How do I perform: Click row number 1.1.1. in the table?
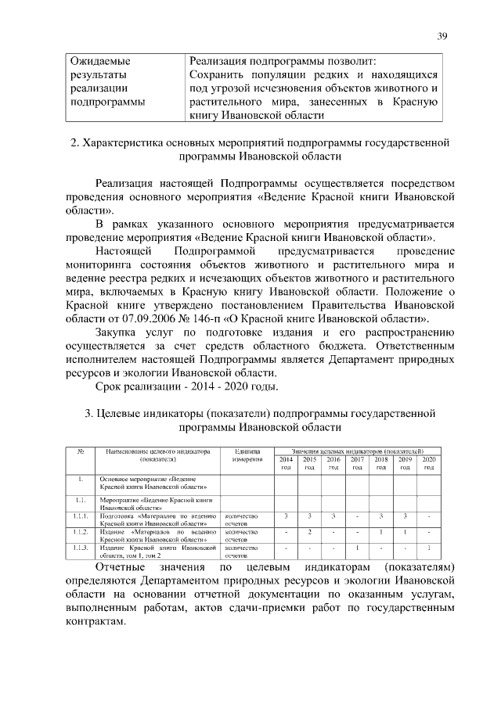[80, 516]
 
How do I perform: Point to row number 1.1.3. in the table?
[80, 548]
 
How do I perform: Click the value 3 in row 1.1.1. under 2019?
[405, 516]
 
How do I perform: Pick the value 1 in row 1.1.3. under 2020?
[428, 548]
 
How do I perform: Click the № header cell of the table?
[80, 451]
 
